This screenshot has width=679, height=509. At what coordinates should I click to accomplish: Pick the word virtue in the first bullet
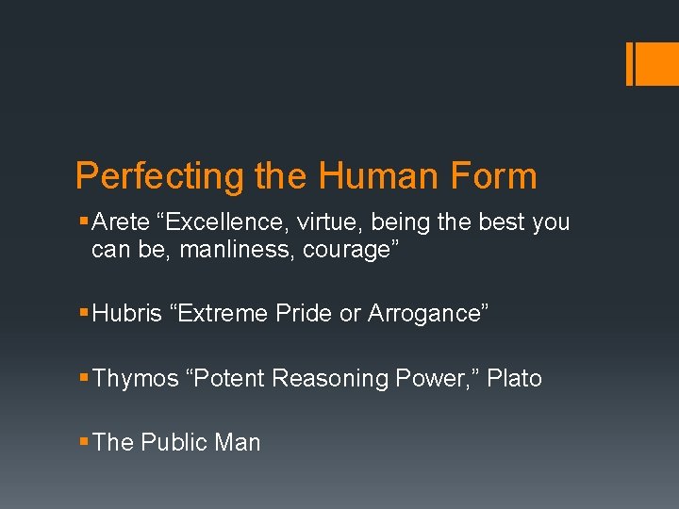(333, 222)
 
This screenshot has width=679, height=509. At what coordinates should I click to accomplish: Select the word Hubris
(127, 314)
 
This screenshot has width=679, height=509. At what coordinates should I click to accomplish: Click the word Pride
(305, 314)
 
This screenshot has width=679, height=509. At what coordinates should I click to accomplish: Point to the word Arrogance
(425, 314)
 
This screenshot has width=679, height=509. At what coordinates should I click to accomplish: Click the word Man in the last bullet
(239, 442)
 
